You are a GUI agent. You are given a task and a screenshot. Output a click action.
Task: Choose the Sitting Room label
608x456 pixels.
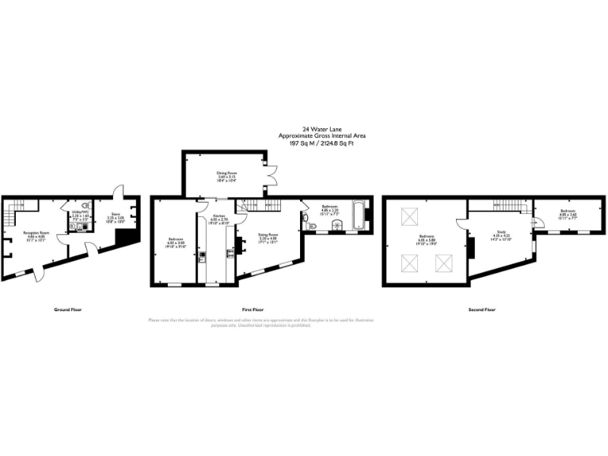pyautogui.click(x=268, y=234)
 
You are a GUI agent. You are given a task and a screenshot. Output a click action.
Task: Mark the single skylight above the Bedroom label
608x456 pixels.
pyautogui.click(x=412, y=215)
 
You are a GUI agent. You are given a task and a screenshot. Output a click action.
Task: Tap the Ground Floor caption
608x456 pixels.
pyautogui.click(x=69, y=310)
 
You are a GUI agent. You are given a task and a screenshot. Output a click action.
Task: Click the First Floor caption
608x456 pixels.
pyautogui.click(x=253, y=310)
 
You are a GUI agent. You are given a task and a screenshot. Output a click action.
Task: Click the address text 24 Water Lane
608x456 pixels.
pyautogui.click(x=321, y=128)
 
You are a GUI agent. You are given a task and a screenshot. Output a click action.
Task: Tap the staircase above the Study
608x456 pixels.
pyautogui.click(x=499, y=207)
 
